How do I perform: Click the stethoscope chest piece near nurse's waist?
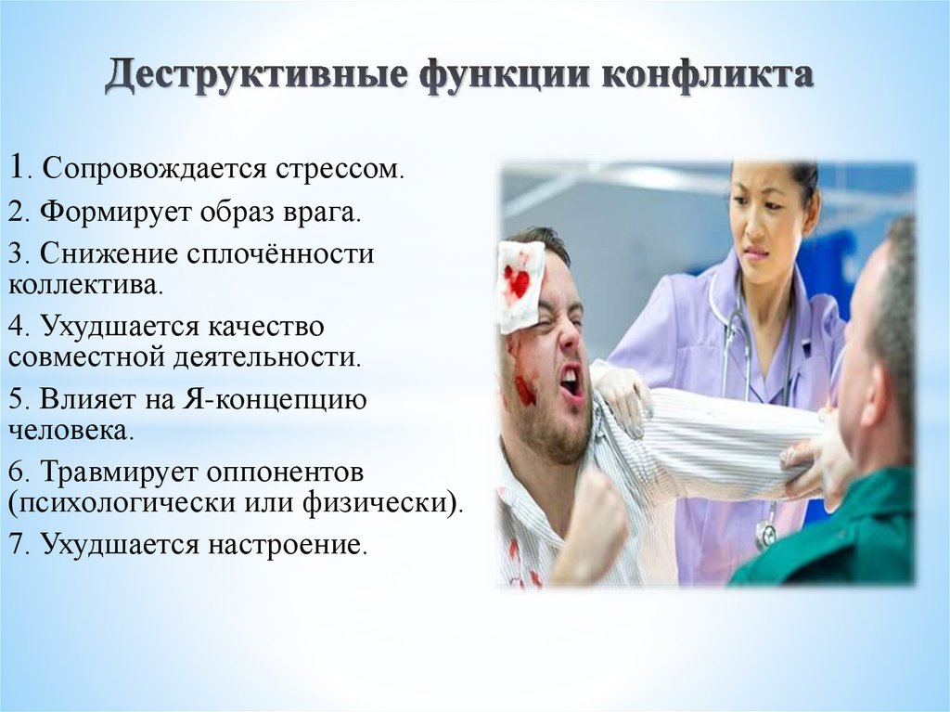pyautogui.click(x=766, y=534)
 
